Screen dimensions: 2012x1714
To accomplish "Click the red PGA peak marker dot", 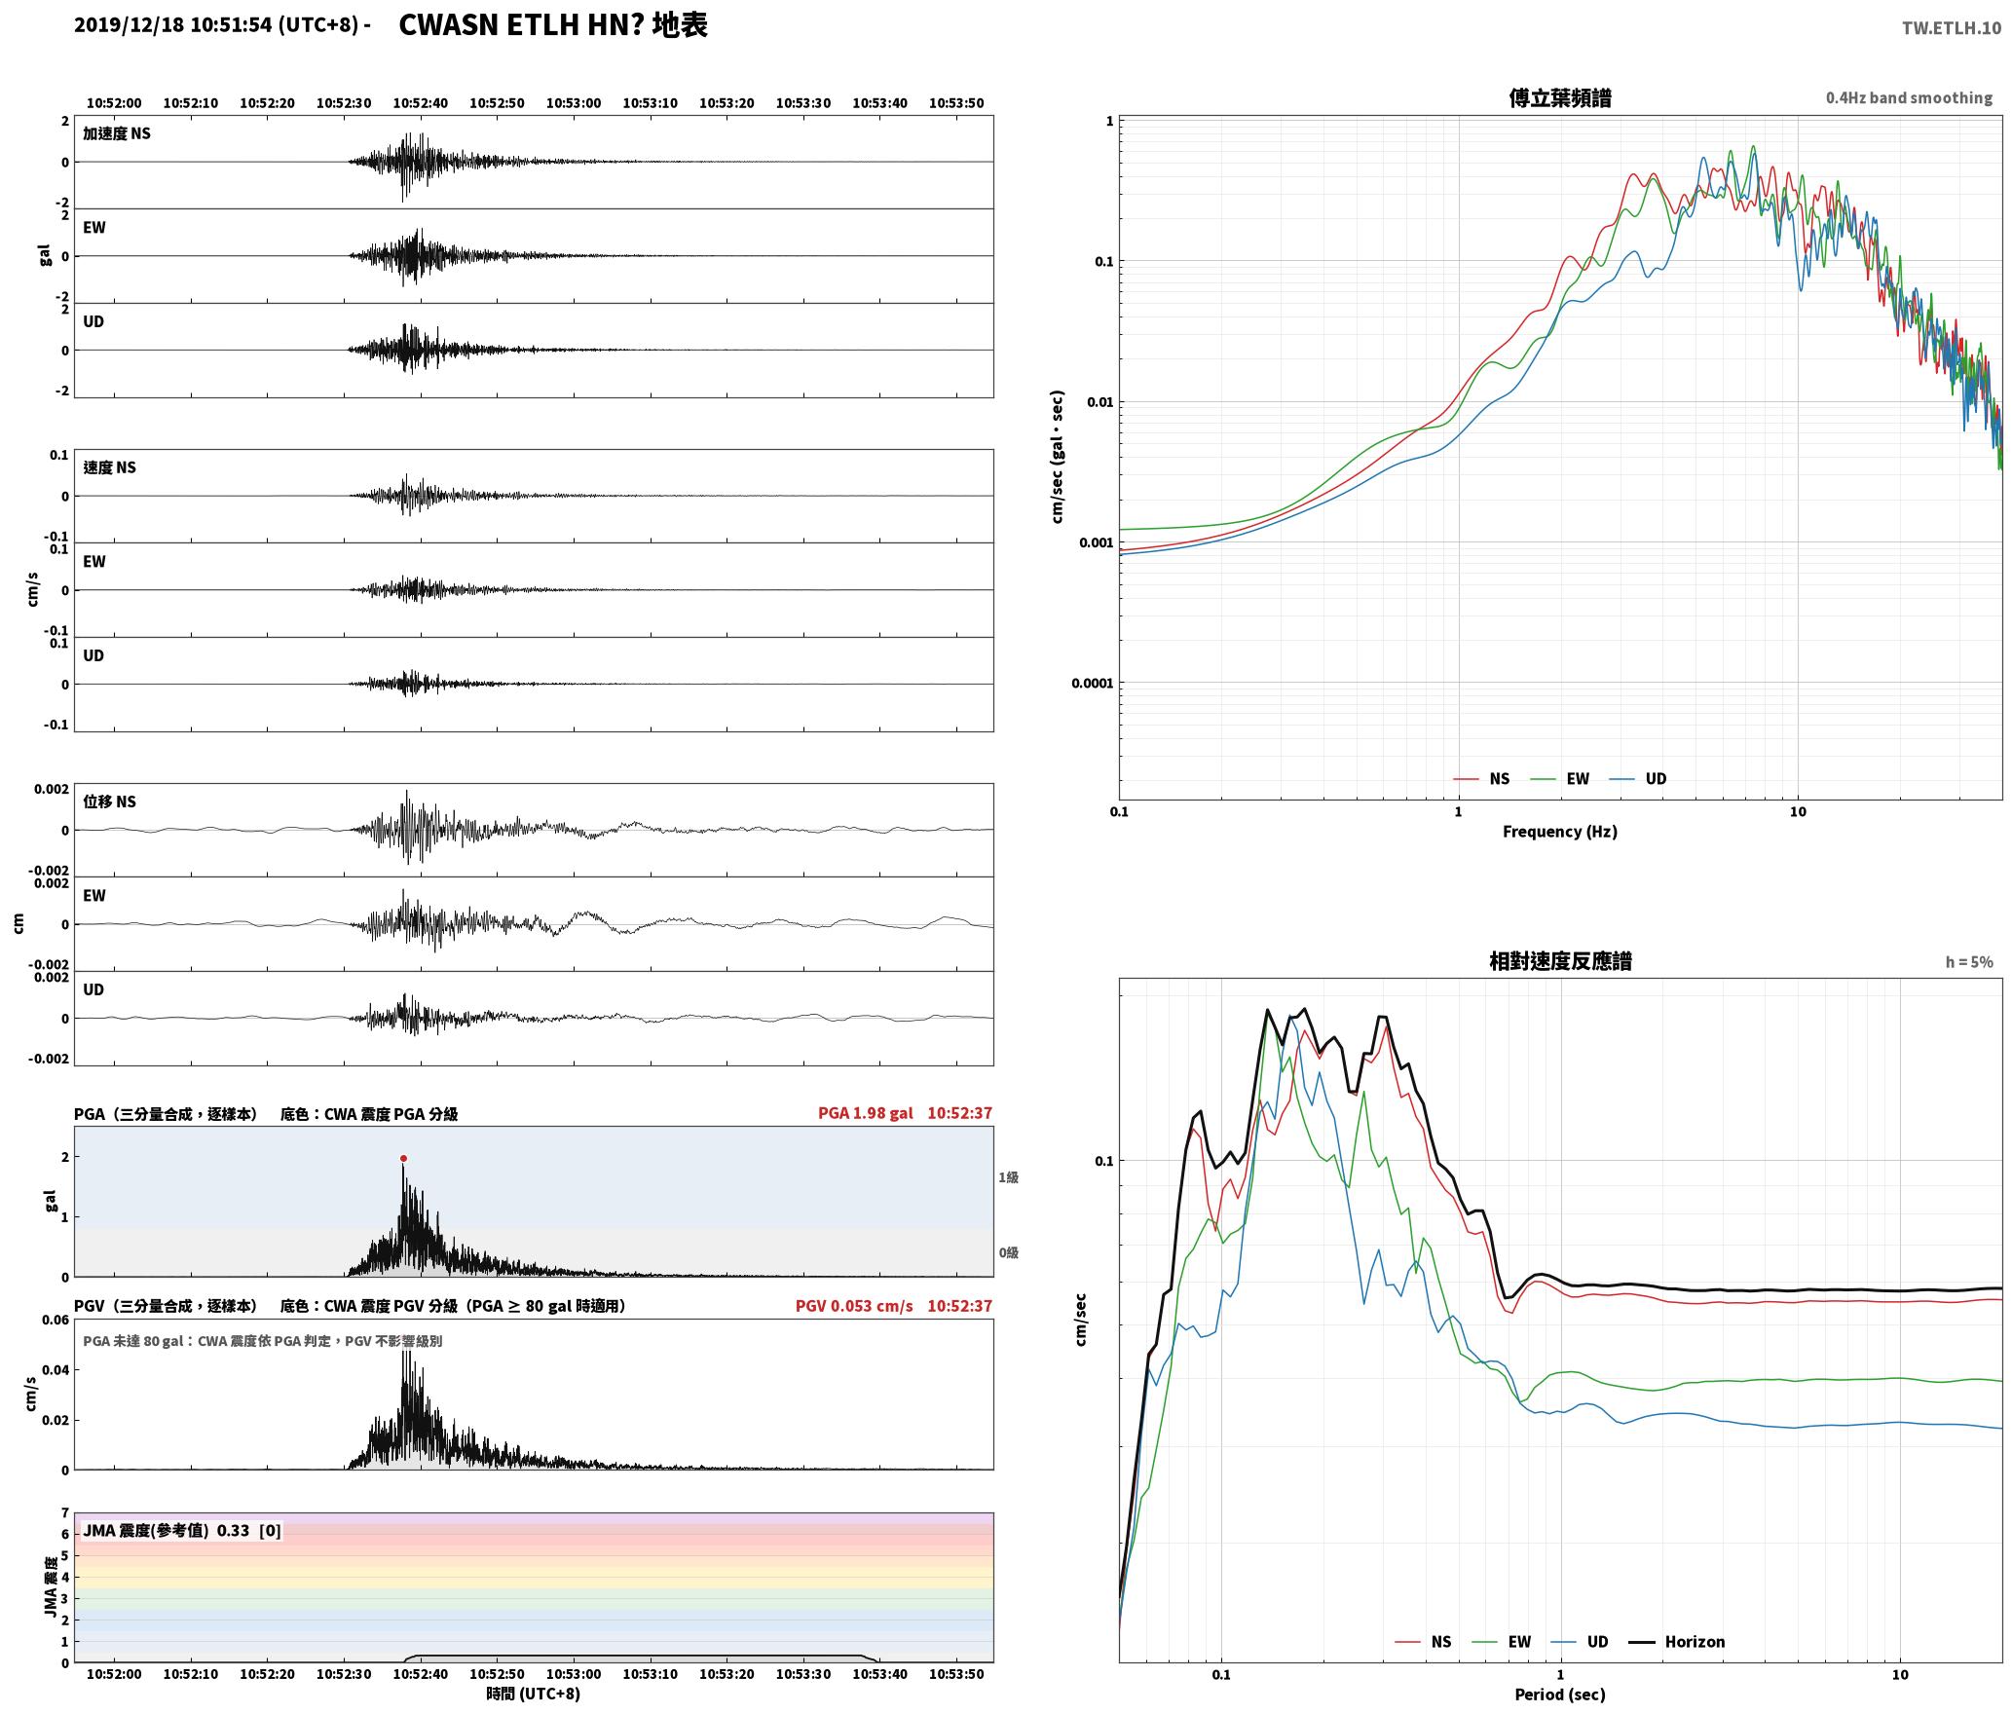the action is (403, 1159).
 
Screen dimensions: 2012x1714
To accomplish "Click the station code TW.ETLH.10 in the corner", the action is (1952, 27).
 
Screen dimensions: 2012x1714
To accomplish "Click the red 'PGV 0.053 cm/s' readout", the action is (854, 1306).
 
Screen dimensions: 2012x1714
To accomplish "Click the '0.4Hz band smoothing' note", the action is (1909, 97).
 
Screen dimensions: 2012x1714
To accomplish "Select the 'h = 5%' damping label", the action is (1969, 962).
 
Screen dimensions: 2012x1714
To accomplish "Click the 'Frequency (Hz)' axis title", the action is (1559, 832).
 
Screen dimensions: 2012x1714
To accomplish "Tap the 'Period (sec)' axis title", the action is (1559, 1695).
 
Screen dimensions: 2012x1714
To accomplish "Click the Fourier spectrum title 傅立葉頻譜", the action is (1559, 97).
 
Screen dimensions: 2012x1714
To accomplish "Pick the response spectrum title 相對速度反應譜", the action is (1560, 961).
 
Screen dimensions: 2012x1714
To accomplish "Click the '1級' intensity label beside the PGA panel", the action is (1008, 1177).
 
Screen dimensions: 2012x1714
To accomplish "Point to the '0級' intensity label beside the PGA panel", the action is (1008, 1252).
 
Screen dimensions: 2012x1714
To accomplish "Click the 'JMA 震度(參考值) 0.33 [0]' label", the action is (182, 1530).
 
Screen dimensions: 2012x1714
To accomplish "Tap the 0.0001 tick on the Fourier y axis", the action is (1092, 683).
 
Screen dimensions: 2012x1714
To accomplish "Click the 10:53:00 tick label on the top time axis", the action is (574, 103).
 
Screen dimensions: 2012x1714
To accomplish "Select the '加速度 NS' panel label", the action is (117, 133).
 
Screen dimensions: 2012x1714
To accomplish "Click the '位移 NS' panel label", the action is (109, 801).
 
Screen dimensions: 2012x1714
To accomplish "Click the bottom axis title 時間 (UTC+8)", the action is (534, 1694).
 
